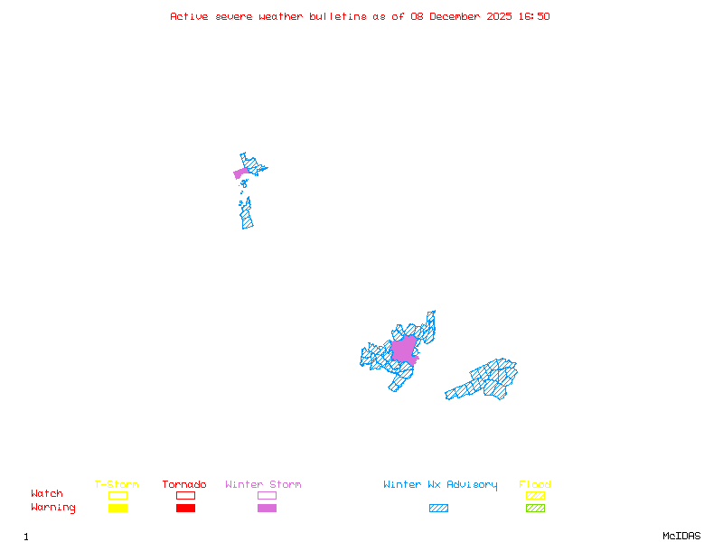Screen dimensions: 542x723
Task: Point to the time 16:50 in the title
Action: point(534,16)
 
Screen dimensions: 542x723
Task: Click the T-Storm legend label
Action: point(117,484)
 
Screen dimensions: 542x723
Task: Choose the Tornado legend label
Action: point(184,484)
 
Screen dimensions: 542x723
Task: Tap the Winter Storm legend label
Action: point(263,484)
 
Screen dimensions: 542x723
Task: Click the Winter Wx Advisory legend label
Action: point(440,484)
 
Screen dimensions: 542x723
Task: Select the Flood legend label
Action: point(535,484)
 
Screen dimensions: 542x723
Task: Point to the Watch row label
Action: point(47,494)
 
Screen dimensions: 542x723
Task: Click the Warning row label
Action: point(52,508)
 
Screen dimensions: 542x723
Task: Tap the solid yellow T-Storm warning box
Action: point(117,508)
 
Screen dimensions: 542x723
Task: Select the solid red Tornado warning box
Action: point(185,508)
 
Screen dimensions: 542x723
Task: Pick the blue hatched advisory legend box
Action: point(438,508)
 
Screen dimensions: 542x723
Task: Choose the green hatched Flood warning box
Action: point(535,508)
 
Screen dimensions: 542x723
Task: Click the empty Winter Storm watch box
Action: point(267,495)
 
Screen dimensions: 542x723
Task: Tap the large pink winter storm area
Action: point(404,350)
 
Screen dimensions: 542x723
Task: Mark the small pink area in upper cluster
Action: point(240,173)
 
